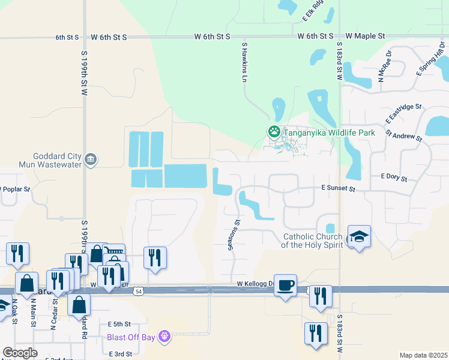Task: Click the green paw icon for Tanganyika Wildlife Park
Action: pyautogui.click(x=274, y=131)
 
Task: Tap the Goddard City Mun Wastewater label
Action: pyautogui.click(x=57, y=160)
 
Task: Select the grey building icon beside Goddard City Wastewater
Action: pyautogui.click(x=90, y=159)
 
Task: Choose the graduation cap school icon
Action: pyautogui.click(x=359, y=236)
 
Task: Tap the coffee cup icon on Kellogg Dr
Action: pyautogui.click(x=286, y=284)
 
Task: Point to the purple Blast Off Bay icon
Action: pyautogui.click(x=165, y=336)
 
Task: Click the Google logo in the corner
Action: pyautogui.click(x=20, y=353)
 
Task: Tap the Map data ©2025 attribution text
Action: pyautogui.click(x=423, y=355)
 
